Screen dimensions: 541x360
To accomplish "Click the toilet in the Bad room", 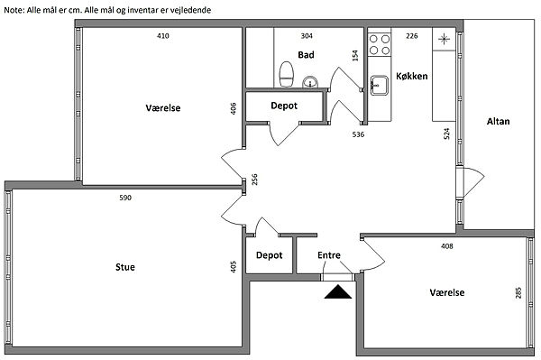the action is pyautogui.click(x=286, y=75).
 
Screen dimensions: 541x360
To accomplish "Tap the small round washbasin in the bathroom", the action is pyautogui.click(x=310, y=82).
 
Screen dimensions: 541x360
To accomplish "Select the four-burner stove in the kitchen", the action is pyautogui.click(x=380, y=45).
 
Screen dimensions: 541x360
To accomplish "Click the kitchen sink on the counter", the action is pyautogui.click(x=380, y=85).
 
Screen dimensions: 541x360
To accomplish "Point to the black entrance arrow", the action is pyautogui.click(x=338, y=291).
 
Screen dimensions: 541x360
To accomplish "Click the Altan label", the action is pyautogui.click(x=499, y=121).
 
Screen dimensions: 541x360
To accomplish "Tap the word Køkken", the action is pyautogui.click(x=412, y=76).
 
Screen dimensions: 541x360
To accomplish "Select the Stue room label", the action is pyautogui.click(x=125, y=267).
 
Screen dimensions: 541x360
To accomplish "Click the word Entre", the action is pyautogui.click(x=329, y=255).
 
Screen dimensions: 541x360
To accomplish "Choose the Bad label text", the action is pyautogui.click(x=306, y=54).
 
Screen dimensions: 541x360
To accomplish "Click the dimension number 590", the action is pyautogui.click(x=125, y=198).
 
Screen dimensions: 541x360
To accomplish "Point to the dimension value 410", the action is pyautogui.click(x=163, y=35).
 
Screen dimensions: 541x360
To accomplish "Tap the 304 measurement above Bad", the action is pyautogui.click(x=307, y=35).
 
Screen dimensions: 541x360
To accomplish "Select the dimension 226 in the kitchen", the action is pyautogui.click(x=412, y=35).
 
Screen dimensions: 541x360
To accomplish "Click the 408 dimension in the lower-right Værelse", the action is pyautogui.click(x=447, y=246).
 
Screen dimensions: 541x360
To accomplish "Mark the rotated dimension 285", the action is pyautogui.click(x=518, y=292).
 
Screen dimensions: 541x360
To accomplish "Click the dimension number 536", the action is pyautogui.click(x=358, y=134).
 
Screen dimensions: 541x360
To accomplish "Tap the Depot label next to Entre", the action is pyautogui.click(x=269, y=255).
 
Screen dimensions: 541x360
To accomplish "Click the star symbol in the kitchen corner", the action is pyautogui.click(x=444, y=39).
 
